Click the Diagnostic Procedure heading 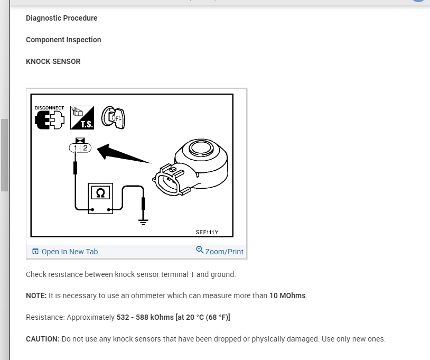pos(61,18)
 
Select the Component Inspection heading pos(63,40)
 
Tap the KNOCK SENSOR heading pos(53,61)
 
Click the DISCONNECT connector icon pos(49,119)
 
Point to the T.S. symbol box pos(82,117)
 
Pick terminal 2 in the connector pos(85,148)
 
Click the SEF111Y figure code pos(207,232)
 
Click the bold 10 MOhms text pos(287,296)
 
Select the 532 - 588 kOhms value pos(145,317)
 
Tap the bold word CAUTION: pos(43,339)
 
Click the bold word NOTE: pos(36,296)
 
